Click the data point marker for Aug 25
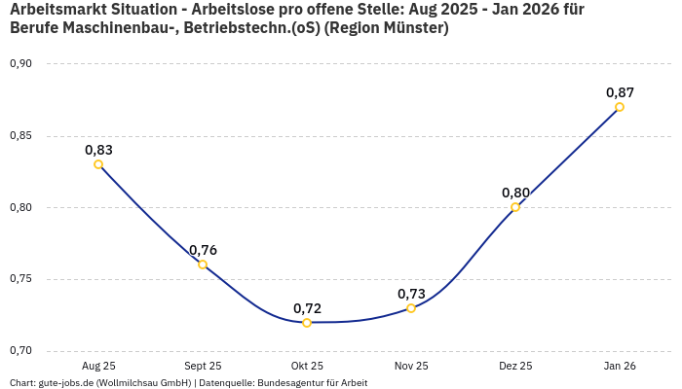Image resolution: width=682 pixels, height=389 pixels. [x=98, y=164]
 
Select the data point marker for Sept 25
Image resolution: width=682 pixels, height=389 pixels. [x=203, y=265]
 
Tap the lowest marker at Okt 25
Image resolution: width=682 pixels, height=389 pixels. [x=307, y=323]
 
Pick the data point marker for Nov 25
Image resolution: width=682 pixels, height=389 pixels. [x=411, y=308]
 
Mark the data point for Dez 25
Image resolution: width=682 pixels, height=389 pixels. [x=515, y=207]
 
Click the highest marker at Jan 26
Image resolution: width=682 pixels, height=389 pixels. [x=620, y=107]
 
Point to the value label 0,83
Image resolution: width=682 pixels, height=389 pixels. [x=98, y=150]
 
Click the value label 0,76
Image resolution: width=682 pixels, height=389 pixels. [x=203, y=250]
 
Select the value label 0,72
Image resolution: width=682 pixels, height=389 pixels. [x=307, y=308]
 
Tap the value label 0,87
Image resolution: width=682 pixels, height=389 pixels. [x=620, y=92]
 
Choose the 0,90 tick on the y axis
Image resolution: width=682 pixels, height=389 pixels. [x=20, y=64]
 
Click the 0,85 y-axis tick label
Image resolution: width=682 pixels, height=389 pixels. [x=20, y=136]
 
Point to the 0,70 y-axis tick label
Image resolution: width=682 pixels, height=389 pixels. [x=20, y=351]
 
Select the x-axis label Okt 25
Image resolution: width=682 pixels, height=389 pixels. [x=307, y=367]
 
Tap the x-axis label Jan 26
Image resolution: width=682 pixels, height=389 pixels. [x=620, y=367]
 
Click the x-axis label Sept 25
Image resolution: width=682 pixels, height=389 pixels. [x=203, y=367]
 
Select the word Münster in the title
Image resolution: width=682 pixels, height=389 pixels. [x=414, y=28]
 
